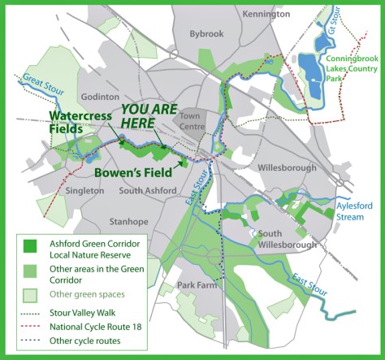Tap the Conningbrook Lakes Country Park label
click(348, 71)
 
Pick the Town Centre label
click(196, 123)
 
